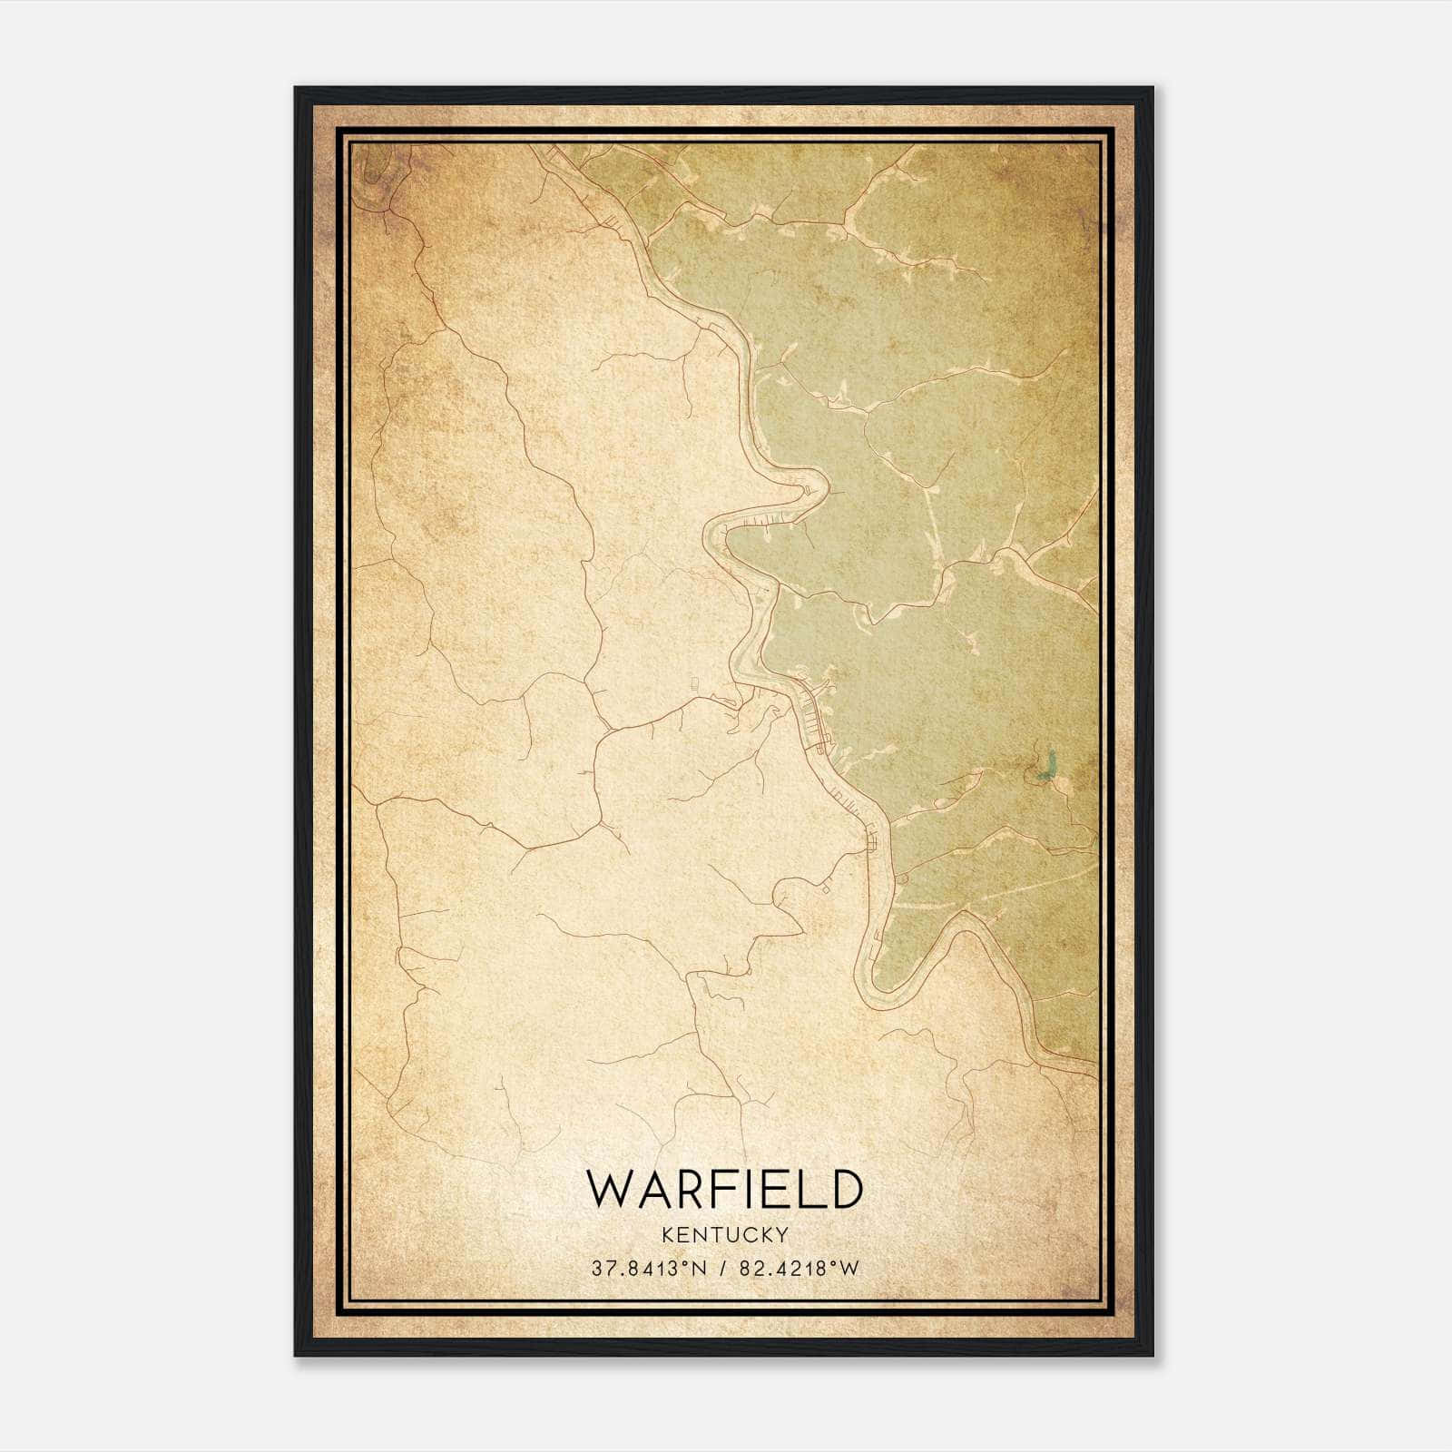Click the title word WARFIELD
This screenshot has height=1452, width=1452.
click(x=724, y=1189)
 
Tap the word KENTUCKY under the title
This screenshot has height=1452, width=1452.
click(x=725, y=1235)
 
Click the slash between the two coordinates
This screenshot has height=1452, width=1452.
click(x=723, y=1270)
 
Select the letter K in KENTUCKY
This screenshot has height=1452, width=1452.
click(x=669, y=1235)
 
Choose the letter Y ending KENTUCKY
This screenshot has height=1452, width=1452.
click(x=782, y=1235)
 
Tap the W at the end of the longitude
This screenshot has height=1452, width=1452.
click(x=849, y=1270)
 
